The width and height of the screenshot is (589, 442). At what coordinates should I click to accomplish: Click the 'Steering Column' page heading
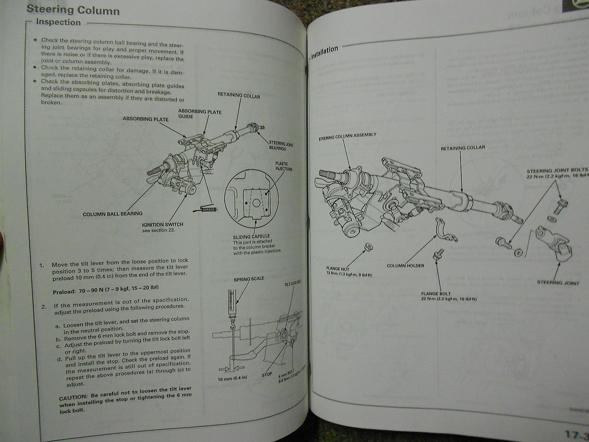click(73, 9)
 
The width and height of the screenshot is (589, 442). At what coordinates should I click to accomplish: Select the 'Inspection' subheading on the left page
click(58, 22)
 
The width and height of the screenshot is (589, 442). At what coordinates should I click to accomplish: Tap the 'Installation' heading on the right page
click(324, 52)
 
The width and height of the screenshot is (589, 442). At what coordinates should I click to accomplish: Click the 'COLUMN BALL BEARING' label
click(112, 214)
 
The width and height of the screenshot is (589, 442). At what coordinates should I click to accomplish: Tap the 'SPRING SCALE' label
click(249, 278)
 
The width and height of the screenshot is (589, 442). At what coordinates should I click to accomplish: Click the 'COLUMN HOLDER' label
click(405, 265)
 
